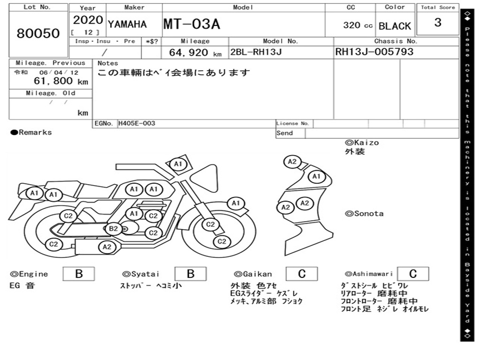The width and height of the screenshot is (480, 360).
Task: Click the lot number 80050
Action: (38, 33)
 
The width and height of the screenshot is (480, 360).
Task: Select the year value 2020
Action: (88, 20)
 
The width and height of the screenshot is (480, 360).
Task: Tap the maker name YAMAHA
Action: (127, 24)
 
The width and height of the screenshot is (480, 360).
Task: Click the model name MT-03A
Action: (192, 24)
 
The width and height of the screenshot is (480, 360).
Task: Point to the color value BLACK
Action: (395, 26)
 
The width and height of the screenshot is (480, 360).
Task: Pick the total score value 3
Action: (438, 22)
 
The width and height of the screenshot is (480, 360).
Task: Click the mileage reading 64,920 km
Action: (195, 52)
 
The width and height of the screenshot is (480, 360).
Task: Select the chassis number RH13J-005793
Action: (375, 52)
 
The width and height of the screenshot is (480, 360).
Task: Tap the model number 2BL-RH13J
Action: (256, 52)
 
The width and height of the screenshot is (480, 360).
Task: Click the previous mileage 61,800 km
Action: (61, 81)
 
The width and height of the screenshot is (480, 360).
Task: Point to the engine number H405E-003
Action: (137, 123)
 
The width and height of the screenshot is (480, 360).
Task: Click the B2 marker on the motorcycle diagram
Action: (113, 229)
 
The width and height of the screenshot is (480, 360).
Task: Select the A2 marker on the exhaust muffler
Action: (107, 247)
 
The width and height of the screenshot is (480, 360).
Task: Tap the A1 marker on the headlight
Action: (236, 203)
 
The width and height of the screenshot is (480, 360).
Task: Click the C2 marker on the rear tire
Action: (53, 244)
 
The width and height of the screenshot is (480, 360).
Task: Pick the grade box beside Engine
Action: (79, 274)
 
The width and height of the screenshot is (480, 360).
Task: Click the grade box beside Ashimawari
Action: (413, 274)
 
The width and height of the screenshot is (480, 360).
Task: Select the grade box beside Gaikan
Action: (302, 274)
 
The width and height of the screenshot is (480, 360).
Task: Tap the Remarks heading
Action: (31, 133)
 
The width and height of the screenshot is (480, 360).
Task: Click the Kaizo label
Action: (362, 142)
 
